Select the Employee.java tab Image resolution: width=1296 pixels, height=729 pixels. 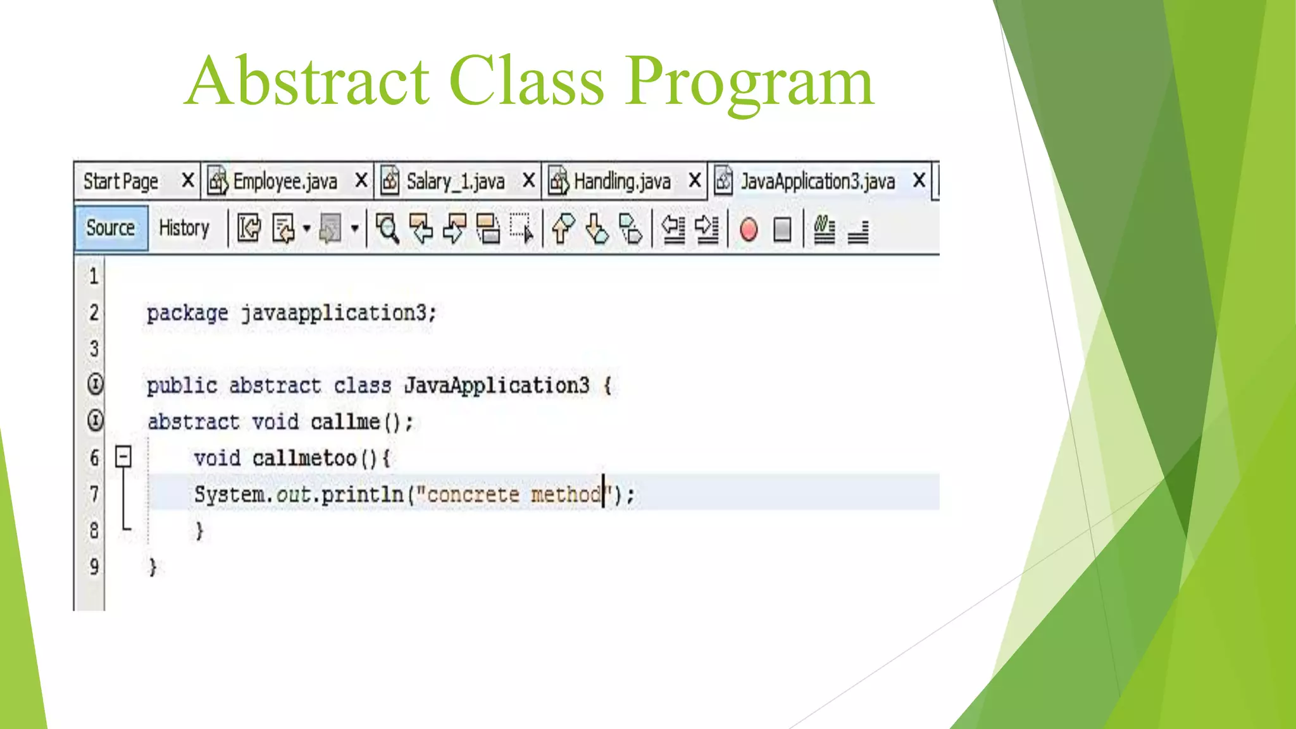click(284, 182)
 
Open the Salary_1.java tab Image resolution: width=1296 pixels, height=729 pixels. click(454, 182)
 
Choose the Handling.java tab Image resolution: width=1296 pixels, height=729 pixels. click(621, 182)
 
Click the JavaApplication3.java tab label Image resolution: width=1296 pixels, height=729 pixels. click(817, 182)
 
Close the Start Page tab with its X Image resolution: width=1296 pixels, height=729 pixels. click(187, 180)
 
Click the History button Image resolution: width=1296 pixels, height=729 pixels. click(184, 228)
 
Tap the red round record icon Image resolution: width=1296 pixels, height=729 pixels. click(748, 229)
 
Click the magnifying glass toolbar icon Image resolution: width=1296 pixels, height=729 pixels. click(387, 228)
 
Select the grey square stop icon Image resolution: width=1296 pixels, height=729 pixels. click(782, 229)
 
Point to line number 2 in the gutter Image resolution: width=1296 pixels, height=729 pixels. click(94, 313)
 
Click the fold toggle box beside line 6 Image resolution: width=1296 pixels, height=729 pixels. click(123, 456)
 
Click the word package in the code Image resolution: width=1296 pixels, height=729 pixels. click(187, 313)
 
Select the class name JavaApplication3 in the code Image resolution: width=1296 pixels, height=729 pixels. click(497, 385)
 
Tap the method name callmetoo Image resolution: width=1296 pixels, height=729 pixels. click(304, 458)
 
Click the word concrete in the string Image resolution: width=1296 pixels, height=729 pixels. click(473, 494)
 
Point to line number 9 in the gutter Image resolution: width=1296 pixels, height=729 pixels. click(94, 566)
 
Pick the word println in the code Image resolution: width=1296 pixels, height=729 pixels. click(362, 494)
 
